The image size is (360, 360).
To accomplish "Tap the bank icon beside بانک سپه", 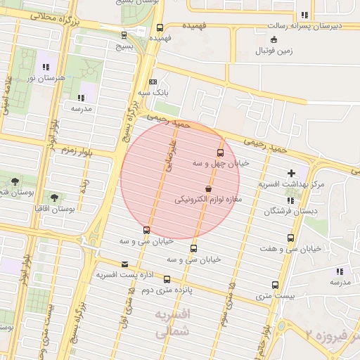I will [153, 82].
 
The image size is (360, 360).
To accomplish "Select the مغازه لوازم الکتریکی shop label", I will [208, 200].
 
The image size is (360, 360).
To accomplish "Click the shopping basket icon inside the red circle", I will [208, 189].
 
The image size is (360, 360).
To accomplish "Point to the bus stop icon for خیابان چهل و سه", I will [220, 153].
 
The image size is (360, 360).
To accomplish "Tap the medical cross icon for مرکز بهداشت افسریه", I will [291, 173].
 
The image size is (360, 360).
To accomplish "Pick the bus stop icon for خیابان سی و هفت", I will [290, 238].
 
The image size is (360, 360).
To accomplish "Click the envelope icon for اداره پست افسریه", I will [125, 264].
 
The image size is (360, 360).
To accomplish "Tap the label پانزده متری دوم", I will [167, 290].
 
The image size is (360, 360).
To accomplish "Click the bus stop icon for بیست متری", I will [274, 285].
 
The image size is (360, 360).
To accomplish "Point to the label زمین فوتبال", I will [274, 51].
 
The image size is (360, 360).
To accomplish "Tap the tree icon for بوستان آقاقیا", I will [55, 198].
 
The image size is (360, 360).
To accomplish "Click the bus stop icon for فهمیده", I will [160, 28].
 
